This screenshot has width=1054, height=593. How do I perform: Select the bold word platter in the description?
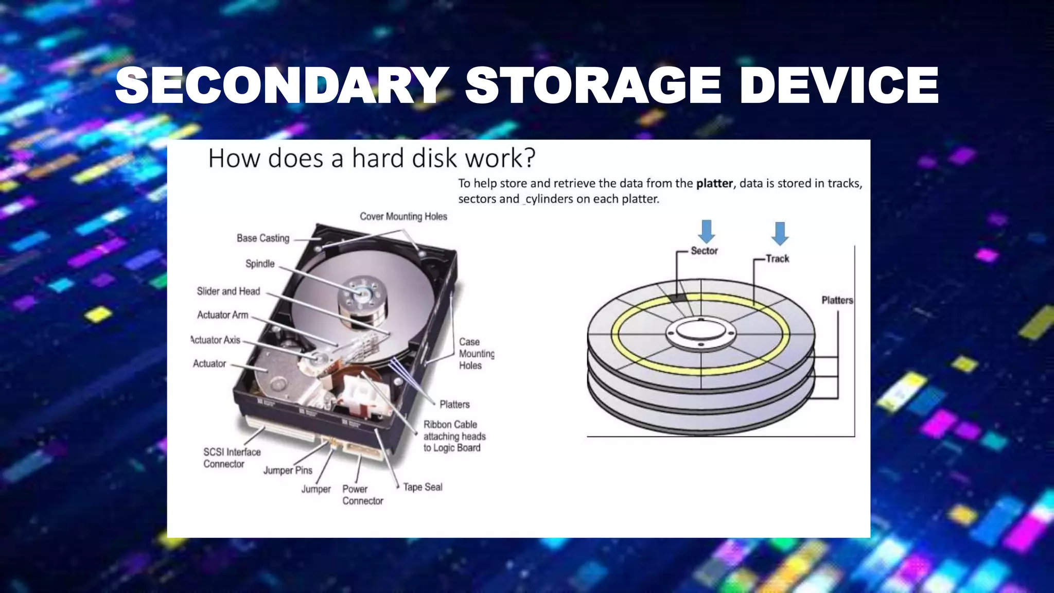714,183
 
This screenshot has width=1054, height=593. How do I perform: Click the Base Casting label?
263,238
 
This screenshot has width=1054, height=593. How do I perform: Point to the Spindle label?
260,264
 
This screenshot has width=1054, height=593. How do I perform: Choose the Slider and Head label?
229,291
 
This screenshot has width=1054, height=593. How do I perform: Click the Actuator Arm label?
223,315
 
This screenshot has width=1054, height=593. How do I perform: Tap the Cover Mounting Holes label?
403,217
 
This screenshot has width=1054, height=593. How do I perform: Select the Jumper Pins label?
288,470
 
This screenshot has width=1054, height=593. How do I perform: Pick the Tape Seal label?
423,487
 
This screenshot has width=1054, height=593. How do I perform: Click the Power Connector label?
362,495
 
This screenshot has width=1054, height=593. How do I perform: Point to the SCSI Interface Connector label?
232,458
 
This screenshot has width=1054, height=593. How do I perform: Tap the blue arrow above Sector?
707,231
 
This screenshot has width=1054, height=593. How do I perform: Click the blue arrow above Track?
780,233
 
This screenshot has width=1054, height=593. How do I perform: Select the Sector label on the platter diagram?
704,251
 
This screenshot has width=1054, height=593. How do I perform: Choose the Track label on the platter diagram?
777,258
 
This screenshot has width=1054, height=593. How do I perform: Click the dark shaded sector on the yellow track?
678,298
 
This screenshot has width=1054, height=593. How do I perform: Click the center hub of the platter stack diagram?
700,330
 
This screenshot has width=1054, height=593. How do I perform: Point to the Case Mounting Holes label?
476,354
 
